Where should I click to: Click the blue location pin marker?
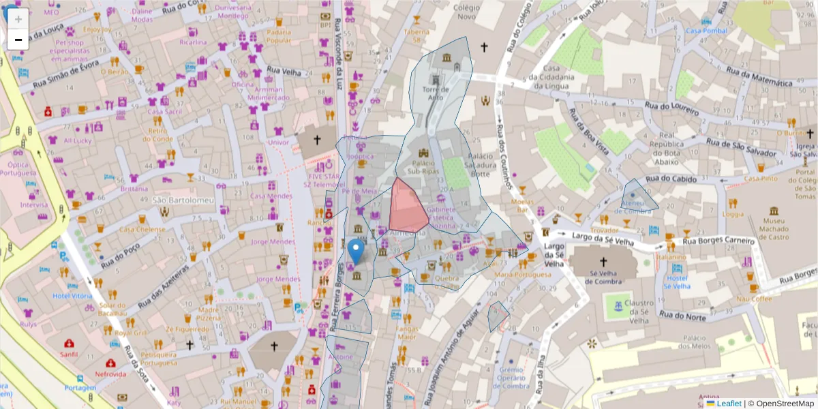click(355, 250)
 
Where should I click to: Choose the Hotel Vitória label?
click(72, 296)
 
